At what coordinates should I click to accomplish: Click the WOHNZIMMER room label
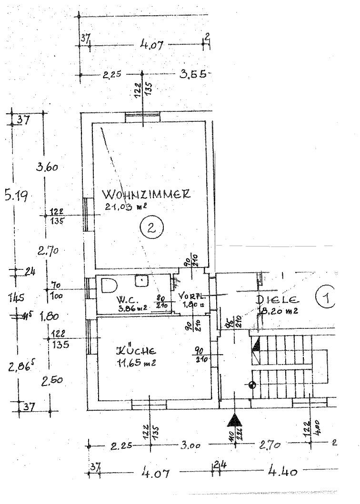coord(146,195)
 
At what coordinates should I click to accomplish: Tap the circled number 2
coord(151,228)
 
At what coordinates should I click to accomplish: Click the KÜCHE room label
coord(137,351)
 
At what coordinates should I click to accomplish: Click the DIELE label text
coord(278,300)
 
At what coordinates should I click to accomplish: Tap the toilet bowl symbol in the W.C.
coord(109,285)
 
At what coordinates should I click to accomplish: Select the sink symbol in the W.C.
coord(141,280)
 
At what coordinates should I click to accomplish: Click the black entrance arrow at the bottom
coord(234,420)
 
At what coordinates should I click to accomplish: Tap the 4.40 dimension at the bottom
coord(283,472)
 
